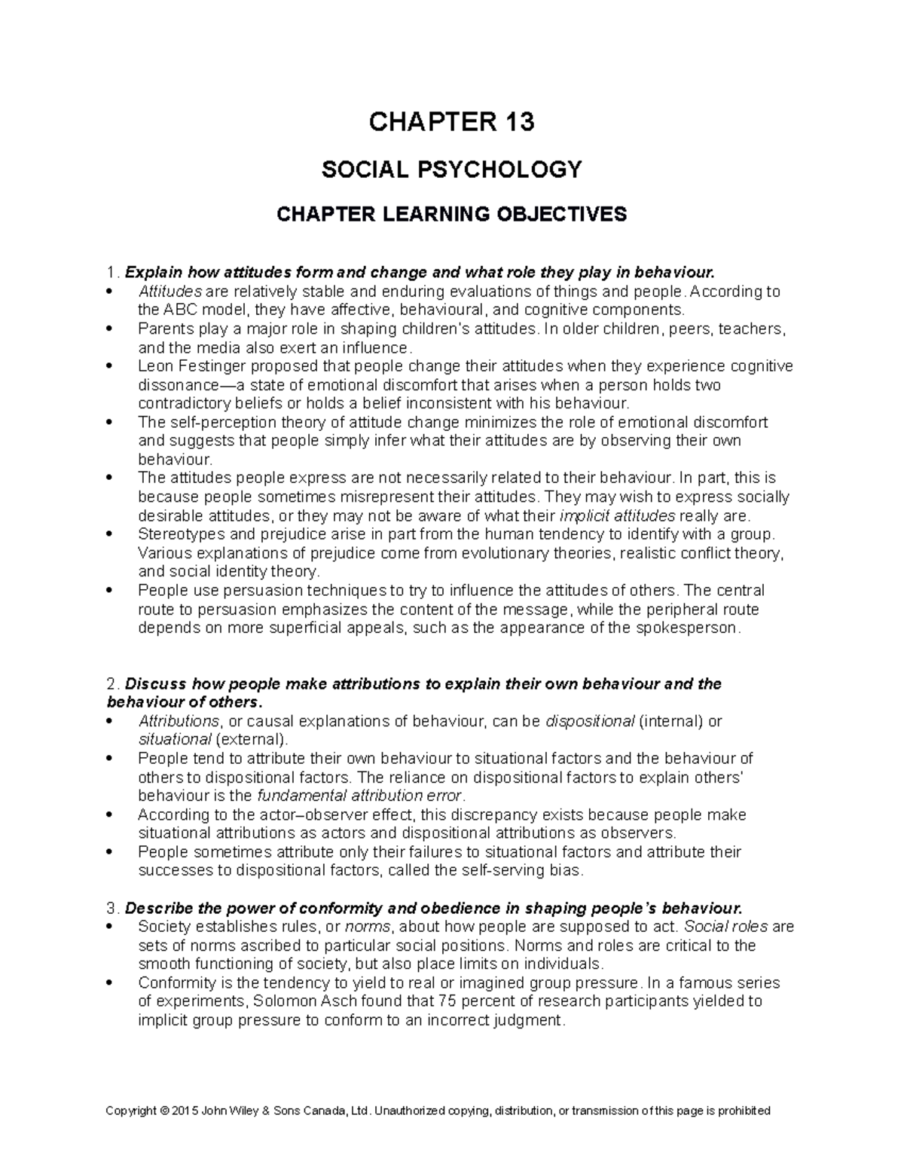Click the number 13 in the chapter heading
[x=518, y=122]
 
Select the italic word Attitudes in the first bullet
[x=169, y=292]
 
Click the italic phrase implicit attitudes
[x=618, y=516]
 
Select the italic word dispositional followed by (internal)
[x=589, y=722]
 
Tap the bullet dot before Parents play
[x=110, y=329]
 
